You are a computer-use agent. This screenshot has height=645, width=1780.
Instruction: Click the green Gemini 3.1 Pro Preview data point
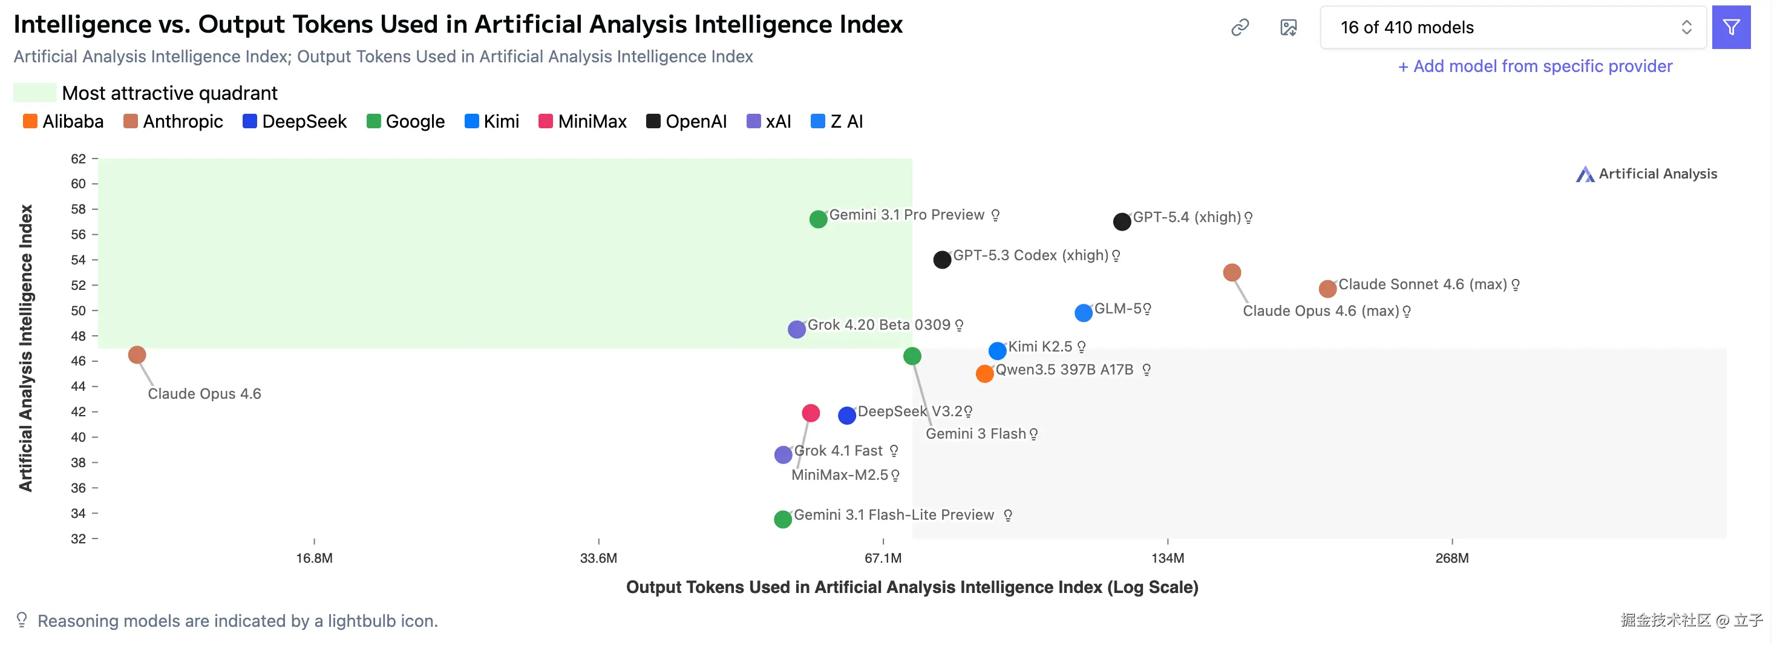coord(818,219)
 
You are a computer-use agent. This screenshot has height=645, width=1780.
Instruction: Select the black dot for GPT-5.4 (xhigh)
coord(1122,221)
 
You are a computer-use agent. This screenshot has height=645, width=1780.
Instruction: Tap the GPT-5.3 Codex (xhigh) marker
coord(942,260)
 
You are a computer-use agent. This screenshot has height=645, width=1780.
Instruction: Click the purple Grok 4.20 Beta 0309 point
coord(797,329)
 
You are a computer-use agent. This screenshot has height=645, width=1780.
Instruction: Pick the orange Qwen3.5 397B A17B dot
coord(984,374)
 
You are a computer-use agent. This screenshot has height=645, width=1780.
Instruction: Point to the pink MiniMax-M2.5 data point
coord(811,413)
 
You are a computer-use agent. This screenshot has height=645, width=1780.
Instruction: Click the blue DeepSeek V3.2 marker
coord(846,416)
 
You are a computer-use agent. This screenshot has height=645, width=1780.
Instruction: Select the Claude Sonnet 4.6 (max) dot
coord(1327,288)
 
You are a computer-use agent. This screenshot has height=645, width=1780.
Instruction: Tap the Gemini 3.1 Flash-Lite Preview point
coord(782,519)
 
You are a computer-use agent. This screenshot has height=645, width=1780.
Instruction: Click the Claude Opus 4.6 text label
coord(204,394)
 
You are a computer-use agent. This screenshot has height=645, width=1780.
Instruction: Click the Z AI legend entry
coord(837,122)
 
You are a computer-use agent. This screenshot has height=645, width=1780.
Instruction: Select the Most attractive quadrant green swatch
coord(34,93)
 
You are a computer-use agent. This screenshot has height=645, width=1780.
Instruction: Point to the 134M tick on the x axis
coord(1167,558)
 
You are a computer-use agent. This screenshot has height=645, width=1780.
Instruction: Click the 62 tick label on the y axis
coord(78,159)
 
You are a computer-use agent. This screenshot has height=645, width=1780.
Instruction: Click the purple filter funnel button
coord(1730,28)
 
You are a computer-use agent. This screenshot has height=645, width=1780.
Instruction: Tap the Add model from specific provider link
coord(1535,67)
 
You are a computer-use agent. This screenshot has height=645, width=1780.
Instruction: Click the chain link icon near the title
coord(1240,28)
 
